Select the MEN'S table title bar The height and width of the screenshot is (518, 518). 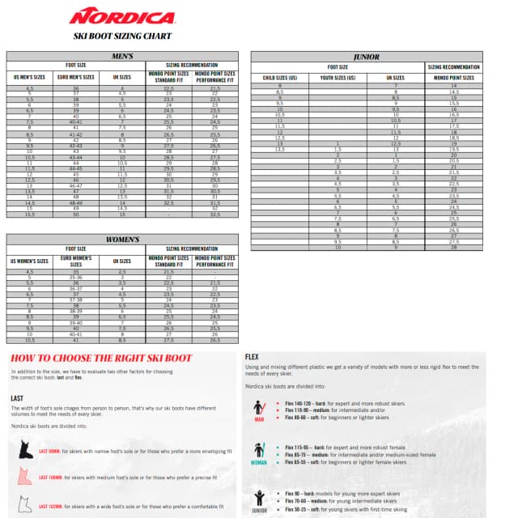(x=122, y=56)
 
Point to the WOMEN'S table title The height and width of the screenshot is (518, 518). (x=123, y=240)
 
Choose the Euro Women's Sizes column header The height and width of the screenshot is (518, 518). (x=76, y=261)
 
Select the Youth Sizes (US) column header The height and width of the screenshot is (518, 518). (x=338, y=77)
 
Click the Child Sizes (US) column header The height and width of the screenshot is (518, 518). (x=281, y=77)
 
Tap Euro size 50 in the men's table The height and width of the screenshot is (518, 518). (x=76, y=214)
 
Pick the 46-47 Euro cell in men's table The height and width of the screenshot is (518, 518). (x=76, y=185)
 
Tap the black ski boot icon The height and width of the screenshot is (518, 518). (x=24, y=451)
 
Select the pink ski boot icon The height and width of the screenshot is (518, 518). (x=24, y=478)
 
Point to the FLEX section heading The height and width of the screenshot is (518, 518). (x=252, y=355)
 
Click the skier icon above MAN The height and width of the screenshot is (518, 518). (x=259, y=407)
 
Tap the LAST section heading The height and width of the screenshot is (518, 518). (x=17, y=397)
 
